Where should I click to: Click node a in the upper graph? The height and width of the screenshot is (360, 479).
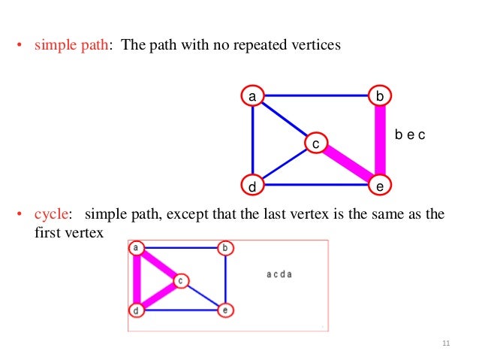coord(253,95)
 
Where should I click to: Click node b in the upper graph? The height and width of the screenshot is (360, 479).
coord(380,95)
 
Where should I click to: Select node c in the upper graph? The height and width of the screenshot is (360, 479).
coord(316,142)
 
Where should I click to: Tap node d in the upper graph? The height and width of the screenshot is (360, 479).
coord(253,184)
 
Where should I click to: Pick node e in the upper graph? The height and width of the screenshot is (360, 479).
coord(380,184)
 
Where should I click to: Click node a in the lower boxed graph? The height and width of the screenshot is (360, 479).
coord(137,248)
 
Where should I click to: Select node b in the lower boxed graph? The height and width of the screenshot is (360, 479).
coord(224,248)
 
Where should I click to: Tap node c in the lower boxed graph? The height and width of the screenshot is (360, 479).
coord(180,280)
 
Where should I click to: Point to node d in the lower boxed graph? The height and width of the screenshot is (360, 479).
coord(137,309)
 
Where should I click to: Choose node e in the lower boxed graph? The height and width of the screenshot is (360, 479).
coord(224,309)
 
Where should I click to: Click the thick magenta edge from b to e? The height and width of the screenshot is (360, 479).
coord(380,140)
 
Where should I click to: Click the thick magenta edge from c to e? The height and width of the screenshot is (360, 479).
coord(348,163)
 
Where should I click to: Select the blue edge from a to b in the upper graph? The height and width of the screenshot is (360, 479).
coord(316,95)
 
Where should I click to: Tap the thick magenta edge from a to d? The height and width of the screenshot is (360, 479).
coord(137,279)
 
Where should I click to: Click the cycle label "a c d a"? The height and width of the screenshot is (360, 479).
coord(279,274)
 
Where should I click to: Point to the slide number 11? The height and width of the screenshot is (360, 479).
coord(446,343)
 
